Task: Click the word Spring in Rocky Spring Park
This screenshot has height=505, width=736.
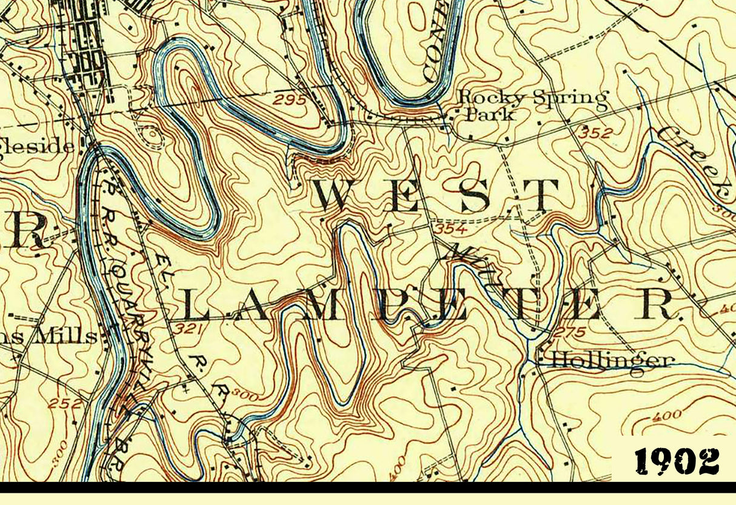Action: tap(570, 99)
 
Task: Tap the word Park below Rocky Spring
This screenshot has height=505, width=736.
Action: tap(492, 114)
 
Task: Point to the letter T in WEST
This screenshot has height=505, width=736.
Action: tap(540, 196)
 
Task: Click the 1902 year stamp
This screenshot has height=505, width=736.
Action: tap(677, 462)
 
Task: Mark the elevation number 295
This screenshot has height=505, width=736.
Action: tap(289, 100)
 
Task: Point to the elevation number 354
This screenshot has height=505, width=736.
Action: tap(450, 229)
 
